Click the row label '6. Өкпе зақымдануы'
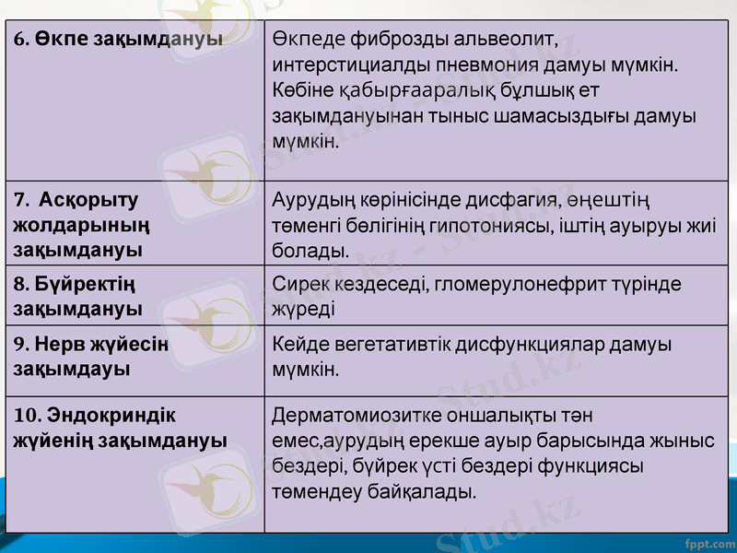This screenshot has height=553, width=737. [x=118, y=41]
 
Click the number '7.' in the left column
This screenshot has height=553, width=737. [x=22, y=200]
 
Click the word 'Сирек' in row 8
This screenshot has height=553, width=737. [x=297, y=285]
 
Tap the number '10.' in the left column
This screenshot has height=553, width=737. [x=27, y=416]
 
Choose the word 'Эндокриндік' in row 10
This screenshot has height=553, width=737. [x=111, y=416]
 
